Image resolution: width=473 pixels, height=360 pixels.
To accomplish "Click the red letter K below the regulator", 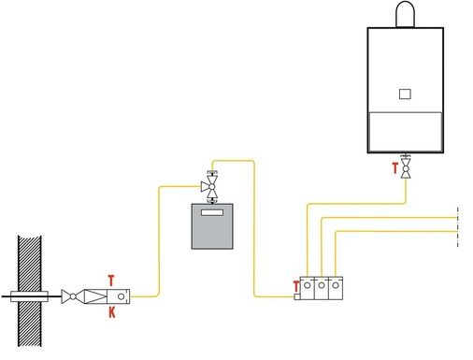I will pos(111,312).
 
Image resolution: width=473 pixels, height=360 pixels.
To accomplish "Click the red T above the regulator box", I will pos(111,280).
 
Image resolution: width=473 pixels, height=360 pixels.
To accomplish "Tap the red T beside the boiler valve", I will pos(394,170).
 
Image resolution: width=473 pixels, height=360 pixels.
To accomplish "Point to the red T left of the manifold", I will pos(296,285).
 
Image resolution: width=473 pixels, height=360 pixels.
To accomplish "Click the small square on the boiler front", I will pos(404,93).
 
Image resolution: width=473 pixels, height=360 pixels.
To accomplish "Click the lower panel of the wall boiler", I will pos(404,131).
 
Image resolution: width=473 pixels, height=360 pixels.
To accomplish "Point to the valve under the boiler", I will pos(406,169).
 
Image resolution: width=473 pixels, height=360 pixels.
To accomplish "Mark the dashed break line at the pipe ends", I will pos(455,227).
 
